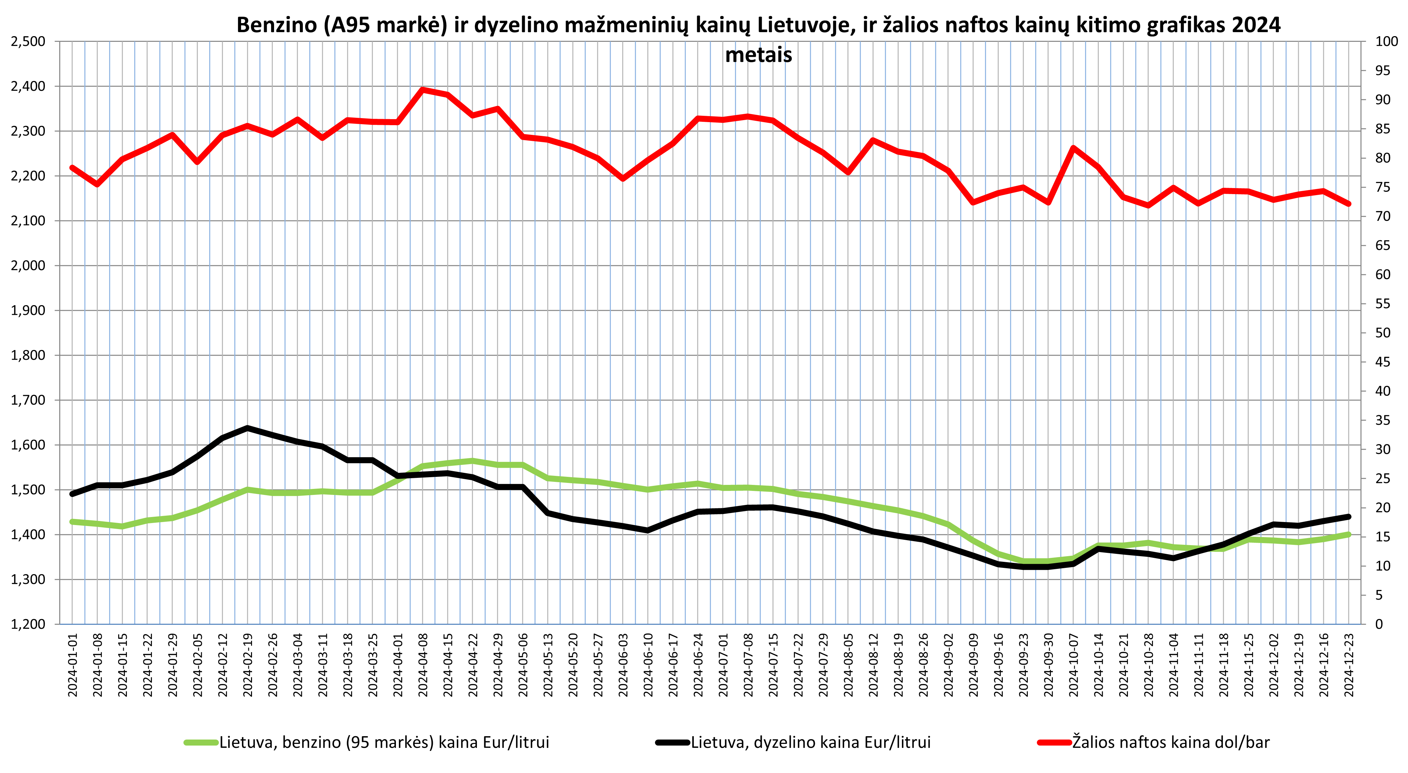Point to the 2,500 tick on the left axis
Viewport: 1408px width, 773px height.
click(28, 41)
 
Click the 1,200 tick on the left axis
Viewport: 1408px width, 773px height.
click(28, 624)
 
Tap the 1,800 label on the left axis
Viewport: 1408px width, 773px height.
click(28, 355)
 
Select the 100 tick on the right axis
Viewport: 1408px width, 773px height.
click(1387, 41)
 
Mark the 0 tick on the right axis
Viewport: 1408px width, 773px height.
click(1379, 624)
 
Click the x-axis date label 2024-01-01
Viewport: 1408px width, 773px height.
click(73, 665)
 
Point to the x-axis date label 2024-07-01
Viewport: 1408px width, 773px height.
click(723, 665)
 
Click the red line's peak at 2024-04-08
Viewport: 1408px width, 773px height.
click(422, 90)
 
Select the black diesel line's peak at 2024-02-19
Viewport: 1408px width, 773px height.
click(248, 428)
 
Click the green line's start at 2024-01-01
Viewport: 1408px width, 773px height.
click(73, 522)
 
